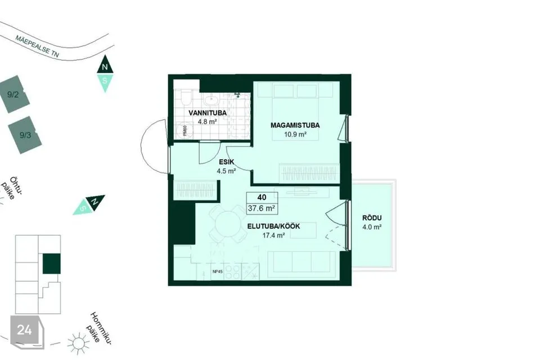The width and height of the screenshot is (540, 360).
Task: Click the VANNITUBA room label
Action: pyautogui.click(x=208, y=113)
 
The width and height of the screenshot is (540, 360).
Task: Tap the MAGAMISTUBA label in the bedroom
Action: pyautogui.click(x=295, y=125)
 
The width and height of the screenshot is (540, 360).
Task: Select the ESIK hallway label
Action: pyautogui.click(x=227, y=161)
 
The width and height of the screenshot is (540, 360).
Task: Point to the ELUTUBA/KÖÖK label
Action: pyautogui.click(x=274, y=226)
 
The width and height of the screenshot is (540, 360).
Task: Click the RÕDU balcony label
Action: pyautogui.click(x=372, y=218)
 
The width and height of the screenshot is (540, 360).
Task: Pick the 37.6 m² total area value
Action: pyautogui.click(x=262, y=208)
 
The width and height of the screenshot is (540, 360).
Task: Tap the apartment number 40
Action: pyautogui.click(x=262, y=197)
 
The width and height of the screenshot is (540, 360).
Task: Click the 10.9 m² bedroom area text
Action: pyautogui.click(x=295, y=134)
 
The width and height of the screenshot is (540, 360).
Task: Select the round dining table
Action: pyautogui.click(x=228, y=224)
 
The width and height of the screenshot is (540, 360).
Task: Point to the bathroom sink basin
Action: pyautogui.click(x=210, y=101)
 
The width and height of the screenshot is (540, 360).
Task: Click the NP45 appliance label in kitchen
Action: pyautogui.click(x=218, y=272)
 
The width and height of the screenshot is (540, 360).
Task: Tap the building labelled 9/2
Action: pyautogui.click(x=13, y=94)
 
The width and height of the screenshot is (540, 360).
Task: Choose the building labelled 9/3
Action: pyautogui.click(x=25, y=135)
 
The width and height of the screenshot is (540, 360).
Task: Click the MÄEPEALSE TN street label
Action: pyautogui.click(x=37, y=46)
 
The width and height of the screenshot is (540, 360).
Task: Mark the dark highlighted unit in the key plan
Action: pyautogui.click(x=52, y=264)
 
